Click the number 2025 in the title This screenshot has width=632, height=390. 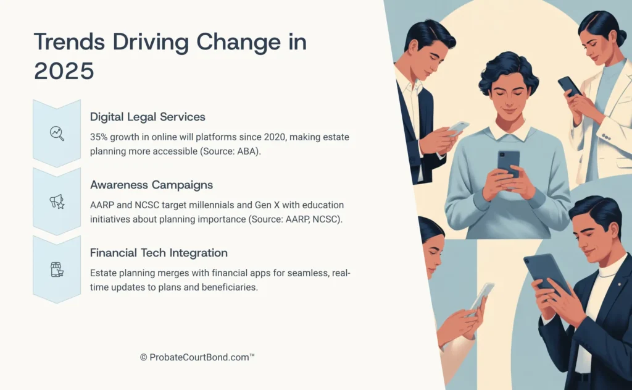click(64, 70)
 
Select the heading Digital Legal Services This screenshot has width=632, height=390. click(148, 116)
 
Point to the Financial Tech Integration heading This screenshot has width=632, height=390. click(159, 252)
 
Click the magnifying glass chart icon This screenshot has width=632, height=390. click(57, 133)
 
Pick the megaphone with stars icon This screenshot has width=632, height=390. click(57, 201)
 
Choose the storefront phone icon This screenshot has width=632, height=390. click(57, 269)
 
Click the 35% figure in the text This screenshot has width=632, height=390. click(100, 137)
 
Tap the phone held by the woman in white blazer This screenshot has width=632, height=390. click(568, 86)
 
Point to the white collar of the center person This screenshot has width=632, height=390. click(509, 130)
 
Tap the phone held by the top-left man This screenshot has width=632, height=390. click(457, 128)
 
